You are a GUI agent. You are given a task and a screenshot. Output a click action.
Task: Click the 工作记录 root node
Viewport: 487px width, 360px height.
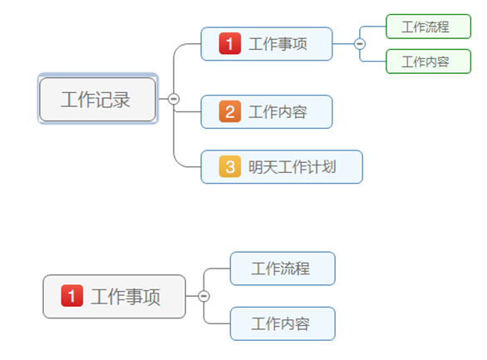tap(97, 99)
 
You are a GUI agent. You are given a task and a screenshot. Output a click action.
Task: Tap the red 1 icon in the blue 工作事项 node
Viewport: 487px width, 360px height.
tap(229, 43)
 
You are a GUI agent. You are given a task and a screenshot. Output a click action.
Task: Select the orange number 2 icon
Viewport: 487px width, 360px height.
tap(230, 111)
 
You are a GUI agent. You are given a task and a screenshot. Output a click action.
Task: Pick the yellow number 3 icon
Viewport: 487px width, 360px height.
tap(230, 166)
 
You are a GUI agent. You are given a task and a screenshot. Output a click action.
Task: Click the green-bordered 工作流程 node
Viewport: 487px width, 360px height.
tap(427, 27)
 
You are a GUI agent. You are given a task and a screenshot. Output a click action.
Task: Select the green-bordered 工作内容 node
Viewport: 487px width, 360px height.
tap(427, 62)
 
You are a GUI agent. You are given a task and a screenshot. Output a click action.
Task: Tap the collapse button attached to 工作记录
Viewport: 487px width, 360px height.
tap(174, 99)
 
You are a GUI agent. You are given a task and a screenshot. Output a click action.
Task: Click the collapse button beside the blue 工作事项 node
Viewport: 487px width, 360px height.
tap(360, 44)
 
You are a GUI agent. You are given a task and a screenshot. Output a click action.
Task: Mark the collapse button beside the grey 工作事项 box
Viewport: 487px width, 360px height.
tap(204, 296)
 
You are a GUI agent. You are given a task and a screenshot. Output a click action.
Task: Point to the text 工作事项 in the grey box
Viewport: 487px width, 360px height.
tap(125, 296)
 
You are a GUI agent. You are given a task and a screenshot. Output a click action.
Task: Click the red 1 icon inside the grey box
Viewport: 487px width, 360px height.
tap(72, 295)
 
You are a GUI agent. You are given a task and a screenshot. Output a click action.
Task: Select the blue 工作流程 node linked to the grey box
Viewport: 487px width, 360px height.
tap(282, 269)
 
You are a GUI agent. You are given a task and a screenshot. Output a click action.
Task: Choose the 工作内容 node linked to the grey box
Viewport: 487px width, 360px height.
tap(282, 323)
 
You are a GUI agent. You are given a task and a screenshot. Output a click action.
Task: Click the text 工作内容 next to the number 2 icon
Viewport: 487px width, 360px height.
tap(278, 111)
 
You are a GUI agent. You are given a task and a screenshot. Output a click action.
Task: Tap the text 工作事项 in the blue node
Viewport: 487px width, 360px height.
tap(278, 44)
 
